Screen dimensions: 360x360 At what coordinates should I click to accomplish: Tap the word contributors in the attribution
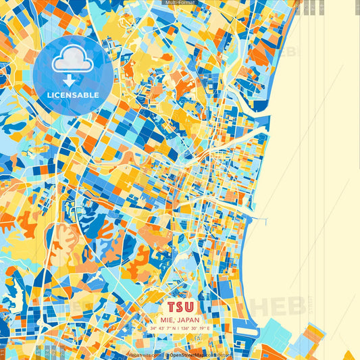coord(217,354)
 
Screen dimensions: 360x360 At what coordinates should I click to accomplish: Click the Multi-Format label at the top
coord(179,3)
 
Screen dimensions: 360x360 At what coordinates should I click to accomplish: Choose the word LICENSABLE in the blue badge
coord(72,95)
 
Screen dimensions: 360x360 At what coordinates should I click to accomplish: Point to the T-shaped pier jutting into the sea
coord(264,221)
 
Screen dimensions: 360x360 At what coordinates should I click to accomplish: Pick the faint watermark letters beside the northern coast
coord(288,53)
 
